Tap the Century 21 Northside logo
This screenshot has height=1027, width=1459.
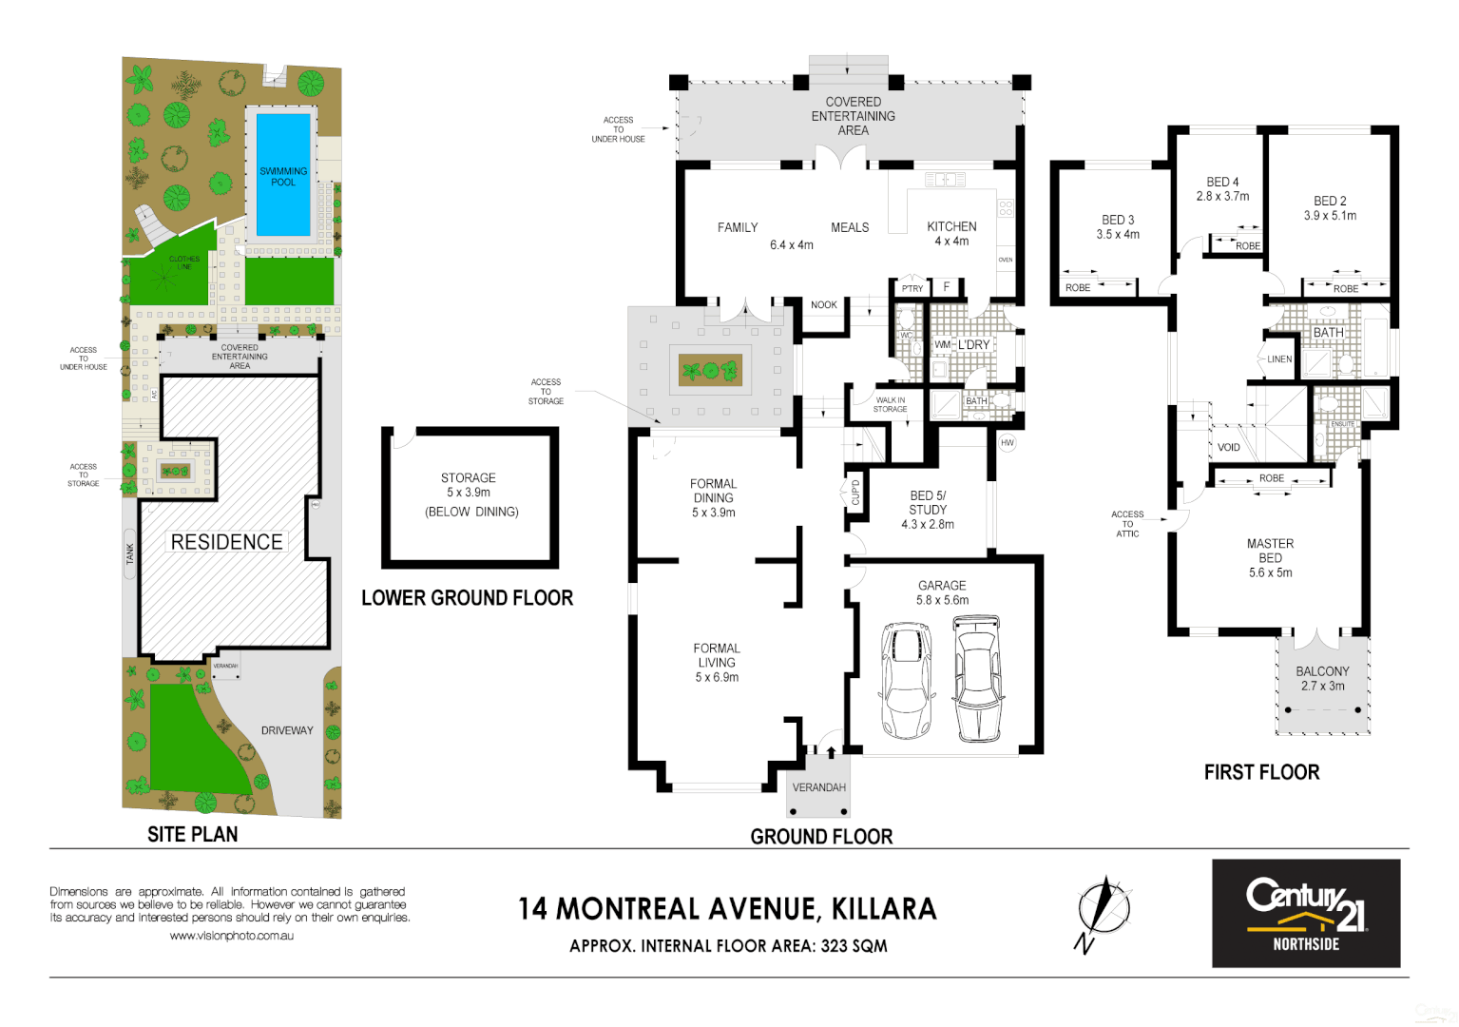pos(1305,913)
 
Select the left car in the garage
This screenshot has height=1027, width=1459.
pos(906,680)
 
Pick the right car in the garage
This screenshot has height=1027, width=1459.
pos(977,678)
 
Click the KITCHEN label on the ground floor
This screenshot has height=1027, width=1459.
pos(951,226)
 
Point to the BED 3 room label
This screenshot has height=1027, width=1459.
pos(1118,220)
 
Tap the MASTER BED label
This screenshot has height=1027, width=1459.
pos(1270,551)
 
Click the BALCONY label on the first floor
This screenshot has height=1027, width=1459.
pos(1322,671)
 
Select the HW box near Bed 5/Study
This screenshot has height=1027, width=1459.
pos(1008,443)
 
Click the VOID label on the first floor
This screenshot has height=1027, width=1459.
pos(1228,447)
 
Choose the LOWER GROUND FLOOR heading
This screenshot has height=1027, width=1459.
pos(467,598)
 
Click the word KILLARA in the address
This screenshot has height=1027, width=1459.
pos(884,909)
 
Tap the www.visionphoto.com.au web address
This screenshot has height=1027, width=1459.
pos(231,936)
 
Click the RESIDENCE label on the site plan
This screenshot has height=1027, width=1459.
pos(226,542)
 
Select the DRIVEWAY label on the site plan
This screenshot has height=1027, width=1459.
pos(287,730)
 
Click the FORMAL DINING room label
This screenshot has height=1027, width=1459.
pos(713,491)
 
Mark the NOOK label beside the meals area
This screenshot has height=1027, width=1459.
pos(823,305)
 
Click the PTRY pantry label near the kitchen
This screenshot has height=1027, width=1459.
pos(912,288)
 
